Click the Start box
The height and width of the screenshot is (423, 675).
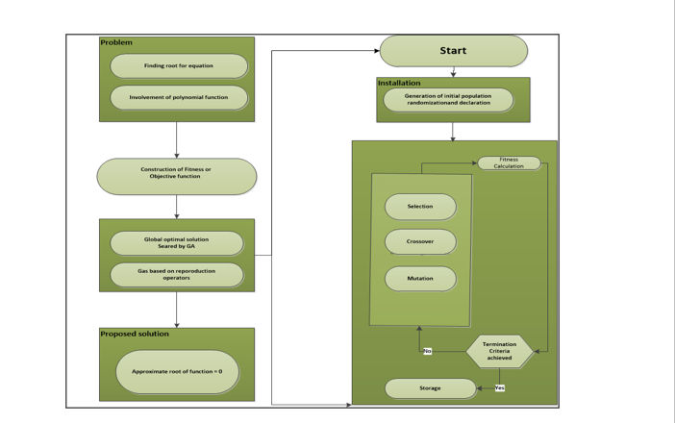453,51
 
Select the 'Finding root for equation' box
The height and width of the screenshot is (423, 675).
179,66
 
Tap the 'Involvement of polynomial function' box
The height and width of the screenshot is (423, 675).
179,97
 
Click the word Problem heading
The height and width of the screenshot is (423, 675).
116,42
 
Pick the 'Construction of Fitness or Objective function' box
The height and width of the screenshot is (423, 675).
177,176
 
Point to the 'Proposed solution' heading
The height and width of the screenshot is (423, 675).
135,334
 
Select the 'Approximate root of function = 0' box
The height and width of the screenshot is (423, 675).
177,371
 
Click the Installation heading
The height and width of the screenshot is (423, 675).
399,83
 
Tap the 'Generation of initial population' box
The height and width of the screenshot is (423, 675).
448,99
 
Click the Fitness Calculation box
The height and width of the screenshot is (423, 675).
509,162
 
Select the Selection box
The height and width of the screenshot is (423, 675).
420,207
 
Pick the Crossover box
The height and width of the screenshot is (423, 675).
420,241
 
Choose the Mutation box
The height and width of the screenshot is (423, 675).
420,278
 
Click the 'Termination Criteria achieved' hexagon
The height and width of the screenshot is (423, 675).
499,351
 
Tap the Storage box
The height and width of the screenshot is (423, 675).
430,388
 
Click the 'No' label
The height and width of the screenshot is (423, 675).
427,351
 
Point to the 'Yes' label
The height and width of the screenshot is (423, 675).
499,388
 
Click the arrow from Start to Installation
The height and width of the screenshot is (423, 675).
453,72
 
